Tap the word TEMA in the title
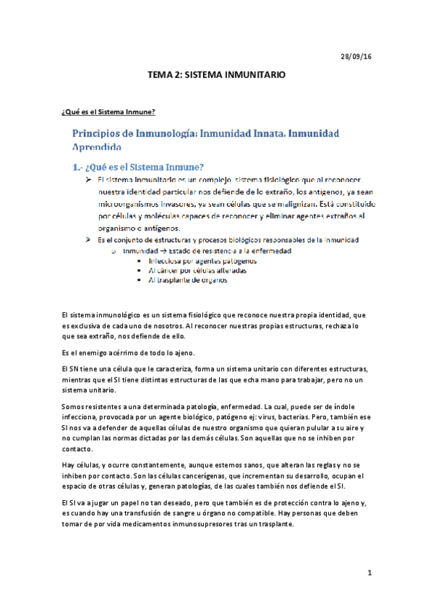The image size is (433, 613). coord(160,74)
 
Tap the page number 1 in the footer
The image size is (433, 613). coord(369,573)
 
